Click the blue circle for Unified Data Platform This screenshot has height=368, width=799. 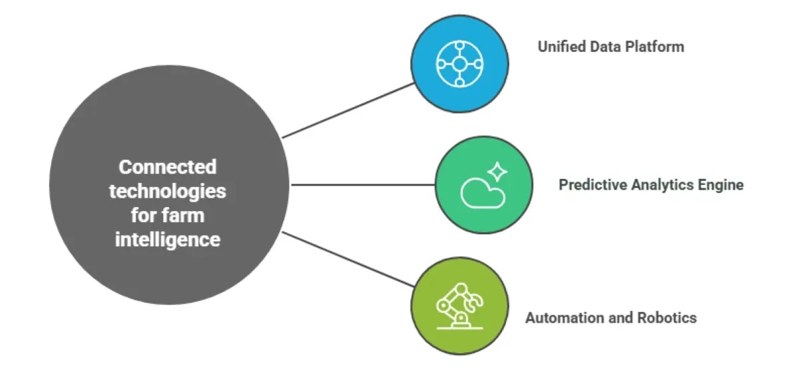coord(459,64)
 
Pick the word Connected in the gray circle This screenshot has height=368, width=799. coord(167,166)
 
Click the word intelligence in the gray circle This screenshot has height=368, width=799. coord(167,239)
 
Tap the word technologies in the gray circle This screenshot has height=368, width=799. coord(167,191)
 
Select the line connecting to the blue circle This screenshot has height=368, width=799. coord(348,110)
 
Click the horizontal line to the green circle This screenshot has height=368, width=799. coord(363,184)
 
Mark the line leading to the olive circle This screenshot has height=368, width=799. coord(348,259)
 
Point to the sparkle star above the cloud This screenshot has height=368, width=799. coord(497,172)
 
